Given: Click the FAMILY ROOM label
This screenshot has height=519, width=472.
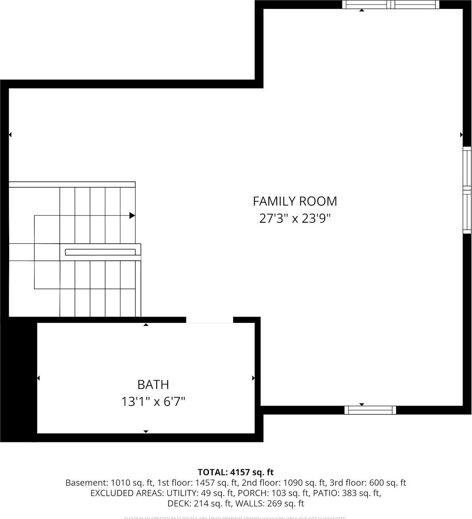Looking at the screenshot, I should click(295, 201).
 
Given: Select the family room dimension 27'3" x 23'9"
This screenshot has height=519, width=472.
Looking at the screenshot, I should click(295, 219).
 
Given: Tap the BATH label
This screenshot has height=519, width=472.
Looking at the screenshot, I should click(153, 385).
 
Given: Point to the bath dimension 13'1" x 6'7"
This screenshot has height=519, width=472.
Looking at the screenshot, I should click(153, 401).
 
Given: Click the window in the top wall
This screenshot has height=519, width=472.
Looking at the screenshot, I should click(390, 5).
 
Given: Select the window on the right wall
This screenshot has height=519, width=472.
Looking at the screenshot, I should click(467, 190).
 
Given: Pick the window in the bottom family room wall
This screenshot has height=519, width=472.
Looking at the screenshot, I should click(370, 410).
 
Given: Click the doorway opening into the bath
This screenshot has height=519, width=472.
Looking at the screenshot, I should click(209, 320).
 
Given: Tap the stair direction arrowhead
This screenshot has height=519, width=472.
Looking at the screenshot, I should click(132, 215).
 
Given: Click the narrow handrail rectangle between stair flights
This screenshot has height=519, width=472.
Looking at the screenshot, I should click(100, 252).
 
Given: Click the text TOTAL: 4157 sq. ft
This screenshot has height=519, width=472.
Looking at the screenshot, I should click(235, 472).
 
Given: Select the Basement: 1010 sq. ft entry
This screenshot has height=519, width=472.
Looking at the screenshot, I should click(110, 483).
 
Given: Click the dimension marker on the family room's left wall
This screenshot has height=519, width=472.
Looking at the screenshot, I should click(10, 135).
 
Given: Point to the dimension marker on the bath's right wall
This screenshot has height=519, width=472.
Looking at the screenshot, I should click(253, 378).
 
